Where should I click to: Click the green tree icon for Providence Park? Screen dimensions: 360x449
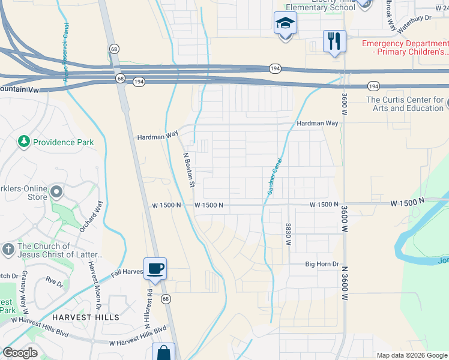tap(24, 142)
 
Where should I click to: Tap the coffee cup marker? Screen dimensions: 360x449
tap(155, 268)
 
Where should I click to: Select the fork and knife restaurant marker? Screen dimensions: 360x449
tap(334, 41)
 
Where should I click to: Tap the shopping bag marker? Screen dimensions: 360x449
tap(163, 353)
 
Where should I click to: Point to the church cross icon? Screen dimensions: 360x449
tap(8, 248)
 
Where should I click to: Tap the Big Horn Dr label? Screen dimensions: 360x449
tap(322, 263)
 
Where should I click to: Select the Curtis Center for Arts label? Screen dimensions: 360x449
tap(405, 104)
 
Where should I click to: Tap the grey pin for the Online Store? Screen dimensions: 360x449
tap(57, 192)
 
